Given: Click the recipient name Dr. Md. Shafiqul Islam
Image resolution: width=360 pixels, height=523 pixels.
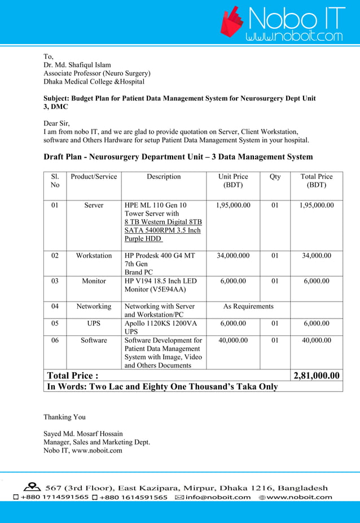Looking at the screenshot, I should click(x=77, y=65).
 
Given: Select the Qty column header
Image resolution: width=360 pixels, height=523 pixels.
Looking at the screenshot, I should click(x=275, y=177).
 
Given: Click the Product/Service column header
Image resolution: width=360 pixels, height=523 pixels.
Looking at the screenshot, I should click(x=94, y=177).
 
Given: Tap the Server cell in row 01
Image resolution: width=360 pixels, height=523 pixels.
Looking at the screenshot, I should click(x=94, y=205).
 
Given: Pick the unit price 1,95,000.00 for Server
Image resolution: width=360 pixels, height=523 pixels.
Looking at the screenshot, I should click(x=233, y=205).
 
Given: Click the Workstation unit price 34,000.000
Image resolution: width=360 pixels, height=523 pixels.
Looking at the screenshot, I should click(x=233, y=256).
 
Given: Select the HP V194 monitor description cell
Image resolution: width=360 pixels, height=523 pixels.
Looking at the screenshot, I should click(x=161, y=285).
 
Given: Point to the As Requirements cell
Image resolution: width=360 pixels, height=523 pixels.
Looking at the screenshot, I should click(x=248, y=307).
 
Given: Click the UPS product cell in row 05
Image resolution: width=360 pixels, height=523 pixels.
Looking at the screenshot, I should click(x=94, y=324).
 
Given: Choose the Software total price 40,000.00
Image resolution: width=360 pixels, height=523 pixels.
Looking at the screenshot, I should click(x=317, y=341).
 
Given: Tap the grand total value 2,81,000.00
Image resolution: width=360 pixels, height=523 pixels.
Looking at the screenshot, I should click(x=317, y=376).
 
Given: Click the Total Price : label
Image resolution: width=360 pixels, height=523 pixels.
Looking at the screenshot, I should click(x=73, y=376).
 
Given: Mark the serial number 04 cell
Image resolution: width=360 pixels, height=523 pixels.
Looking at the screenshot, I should click(x=55, y=307).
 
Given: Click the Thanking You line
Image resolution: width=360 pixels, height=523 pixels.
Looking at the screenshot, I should click(x=65, y=417).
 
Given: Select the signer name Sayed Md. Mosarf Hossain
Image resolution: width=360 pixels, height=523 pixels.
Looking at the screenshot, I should click(x=83, y=434).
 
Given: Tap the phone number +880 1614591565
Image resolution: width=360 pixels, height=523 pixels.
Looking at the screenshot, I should click(x=133, y=497).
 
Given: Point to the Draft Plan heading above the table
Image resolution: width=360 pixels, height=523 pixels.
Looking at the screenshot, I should click(x=178, y=156).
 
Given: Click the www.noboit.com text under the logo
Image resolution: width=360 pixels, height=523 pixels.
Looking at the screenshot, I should click(x=293, y=37).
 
